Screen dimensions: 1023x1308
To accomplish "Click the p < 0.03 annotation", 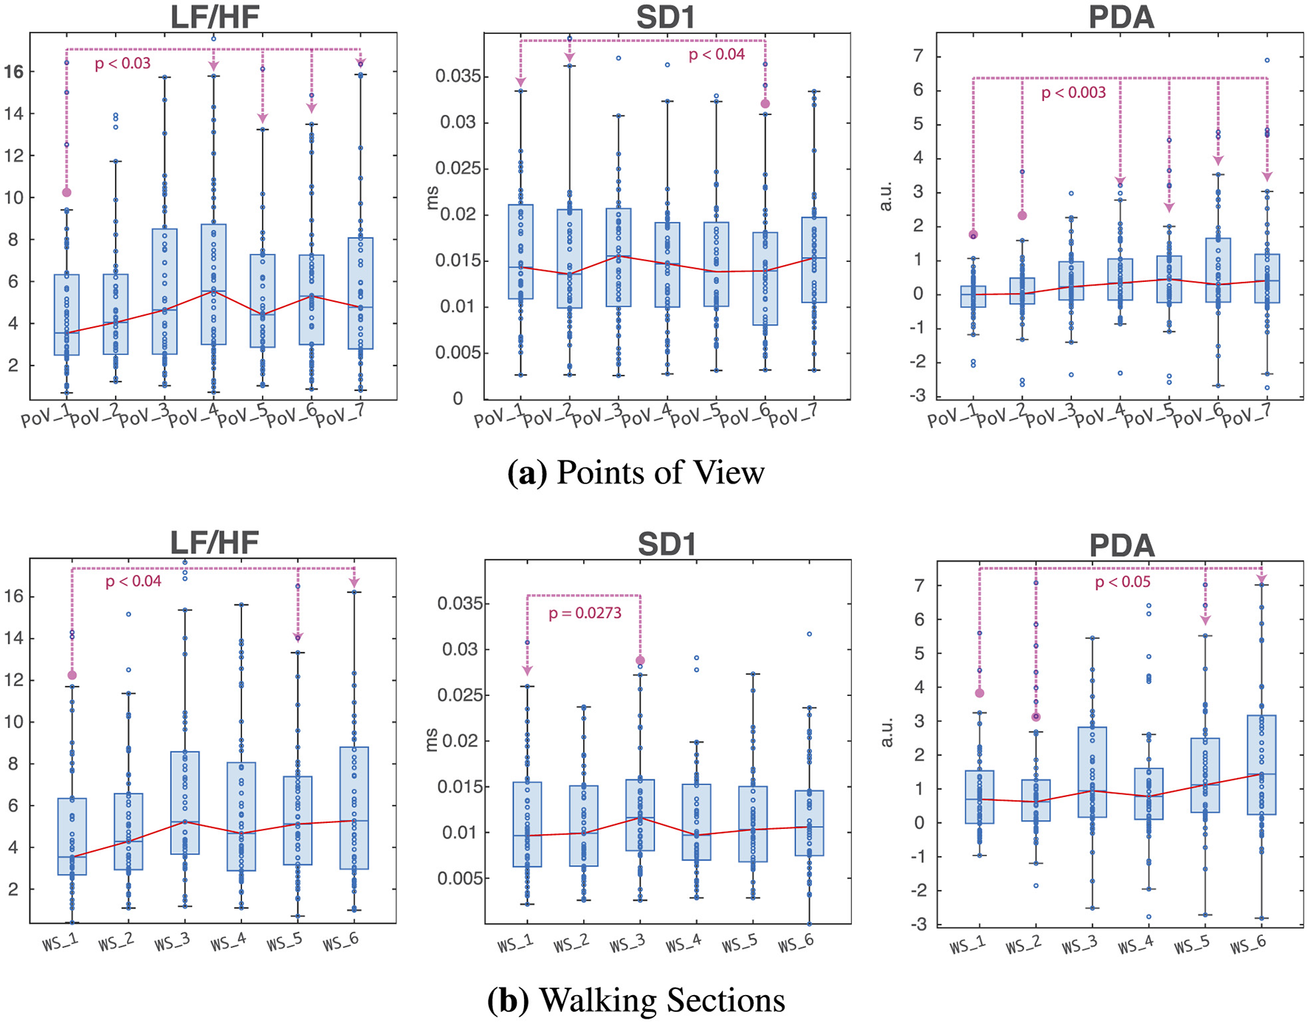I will [123, 63].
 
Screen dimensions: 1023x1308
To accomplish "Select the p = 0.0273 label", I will [585, 613].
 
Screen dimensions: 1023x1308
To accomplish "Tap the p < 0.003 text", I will [1073, 93].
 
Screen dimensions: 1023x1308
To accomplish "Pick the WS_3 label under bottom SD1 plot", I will [627, 945].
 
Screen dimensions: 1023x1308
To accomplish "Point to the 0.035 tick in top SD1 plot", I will [457, 76].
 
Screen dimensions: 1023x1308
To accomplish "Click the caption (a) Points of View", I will [636, 472].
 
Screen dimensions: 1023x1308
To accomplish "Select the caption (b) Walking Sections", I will [636, 1000].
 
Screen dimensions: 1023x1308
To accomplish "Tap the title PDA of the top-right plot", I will [1121, 16].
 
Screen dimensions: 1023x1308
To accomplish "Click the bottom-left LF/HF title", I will [214, 542].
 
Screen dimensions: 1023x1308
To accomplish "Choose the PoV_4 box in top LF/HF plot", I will [213, 284].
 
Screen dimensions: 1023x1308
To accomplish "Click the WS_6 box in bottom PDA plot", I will [1261, 765].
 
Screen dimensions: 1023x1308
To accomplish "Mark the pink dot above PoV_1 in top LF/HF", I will [66, 193].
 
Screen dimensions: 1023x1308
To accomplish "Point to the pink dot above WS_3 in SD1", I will [640, 661].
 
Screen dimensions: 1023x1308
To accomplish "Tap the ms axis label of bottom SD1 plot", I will [432, 740].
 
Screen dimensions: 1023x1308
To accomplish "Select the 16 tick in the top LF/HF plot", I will [13, 72].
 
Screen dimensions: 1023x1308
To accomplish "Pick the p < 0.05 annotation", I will [1122, 582].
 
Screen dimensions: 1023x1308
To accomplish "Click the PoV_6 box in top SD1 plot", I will [765, 278].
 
